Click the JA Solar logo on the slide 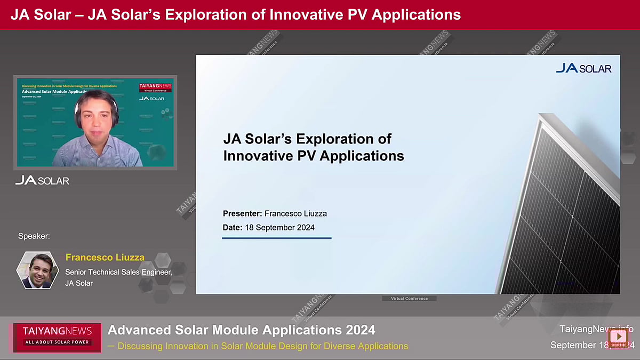[583, 68]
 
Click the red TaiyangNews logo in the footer [57, 336]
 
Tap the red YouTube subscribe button [618, 337]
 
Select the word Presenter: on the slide [243, 213]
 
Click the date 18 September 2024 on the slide [279, 228]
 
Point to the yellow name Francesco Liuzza [105, 257]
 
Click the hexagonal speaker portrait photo [37, 270]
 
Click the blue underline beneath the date [276, 238]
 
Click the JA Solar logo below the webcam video [42, 180]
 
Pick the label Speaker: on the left [34, 236]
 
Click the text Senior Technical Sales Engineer [118, 272]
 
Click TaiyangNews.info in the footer [596, 329]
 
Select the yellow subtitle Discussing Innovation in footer [262, 346]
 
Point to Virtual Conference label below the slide [409, 299]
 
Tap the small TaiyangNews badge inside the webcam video [155, 87]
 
